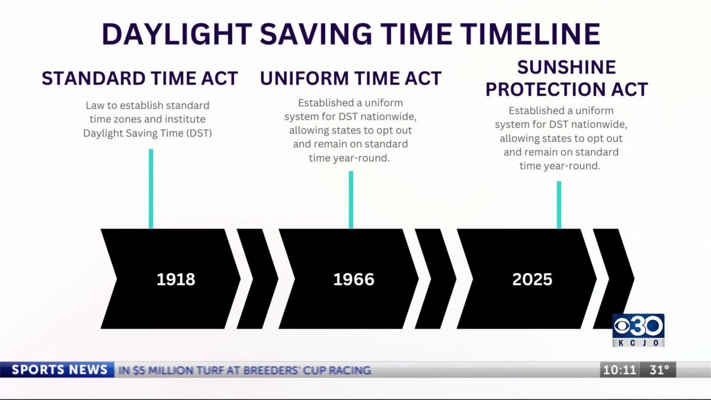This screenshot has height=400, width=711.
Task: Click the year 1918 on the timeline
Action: click(175, 279)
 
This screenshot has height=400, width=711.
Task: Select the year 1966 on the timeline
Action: click(354, 279)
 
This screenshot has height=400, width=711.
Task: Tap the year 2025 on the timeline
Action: click(532, 279)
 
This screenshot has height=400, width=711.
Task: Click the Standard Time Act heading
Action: click(140, 78)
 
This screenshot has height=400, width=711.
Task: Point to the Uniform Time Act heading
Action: click(351, 78)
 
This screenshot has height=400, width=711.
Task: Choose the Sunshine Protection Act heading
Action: click(566, 78)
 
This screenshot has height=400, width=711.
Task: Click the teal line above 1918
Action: click(151, 188)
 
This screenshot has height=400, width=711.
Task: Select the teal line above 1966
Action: click(351, 199)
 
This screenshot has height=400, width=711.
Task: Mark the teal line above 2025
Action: click(559, 204)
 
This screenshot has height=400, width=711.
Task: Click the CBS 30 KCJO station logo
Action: click(638, 330)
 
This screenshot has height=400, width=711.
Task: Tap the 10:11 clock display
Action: click(620, 370)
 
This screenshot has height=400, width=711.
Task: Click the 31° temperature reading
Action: click(659, 370)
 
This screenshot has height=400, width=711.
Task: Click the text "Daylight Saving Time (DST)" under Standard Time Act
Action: click(148, 133)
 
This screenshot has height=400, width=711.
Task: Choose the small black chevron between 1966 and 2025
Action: click(435, 279)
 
